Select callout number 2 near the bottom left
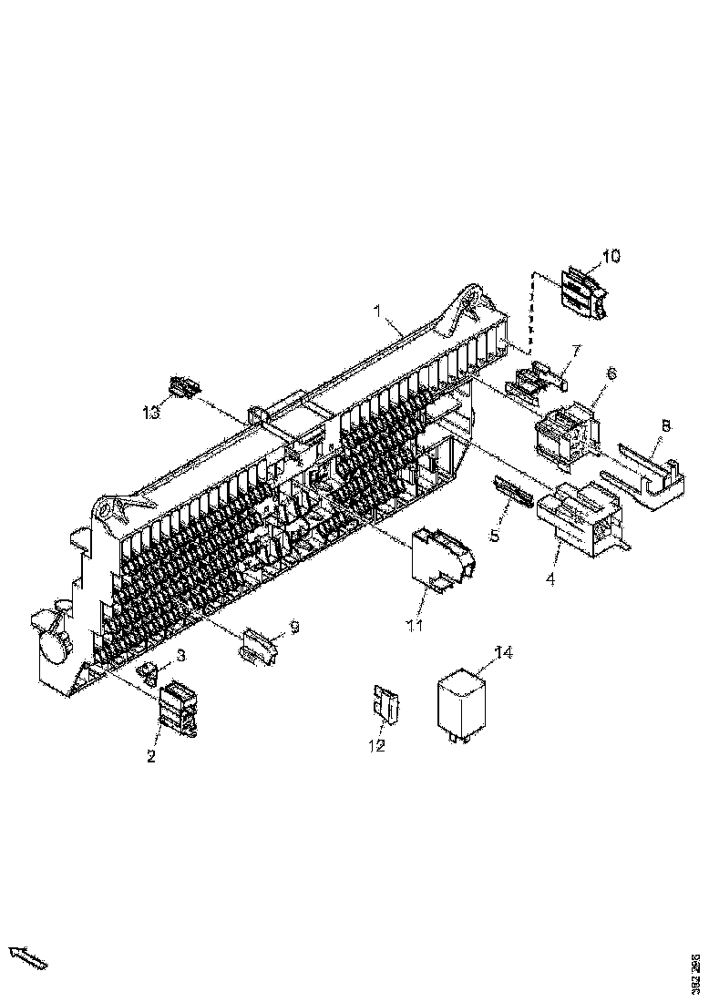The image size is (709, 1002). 151,756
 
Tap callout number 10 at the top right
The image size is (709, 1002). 611,256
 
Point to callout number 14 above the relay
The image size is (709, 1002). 504,651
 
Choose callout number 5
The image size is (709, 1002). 493,536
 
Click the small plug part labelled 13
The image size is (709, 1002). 184,387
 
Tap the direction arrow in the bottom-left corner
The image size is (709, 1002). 28,957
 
